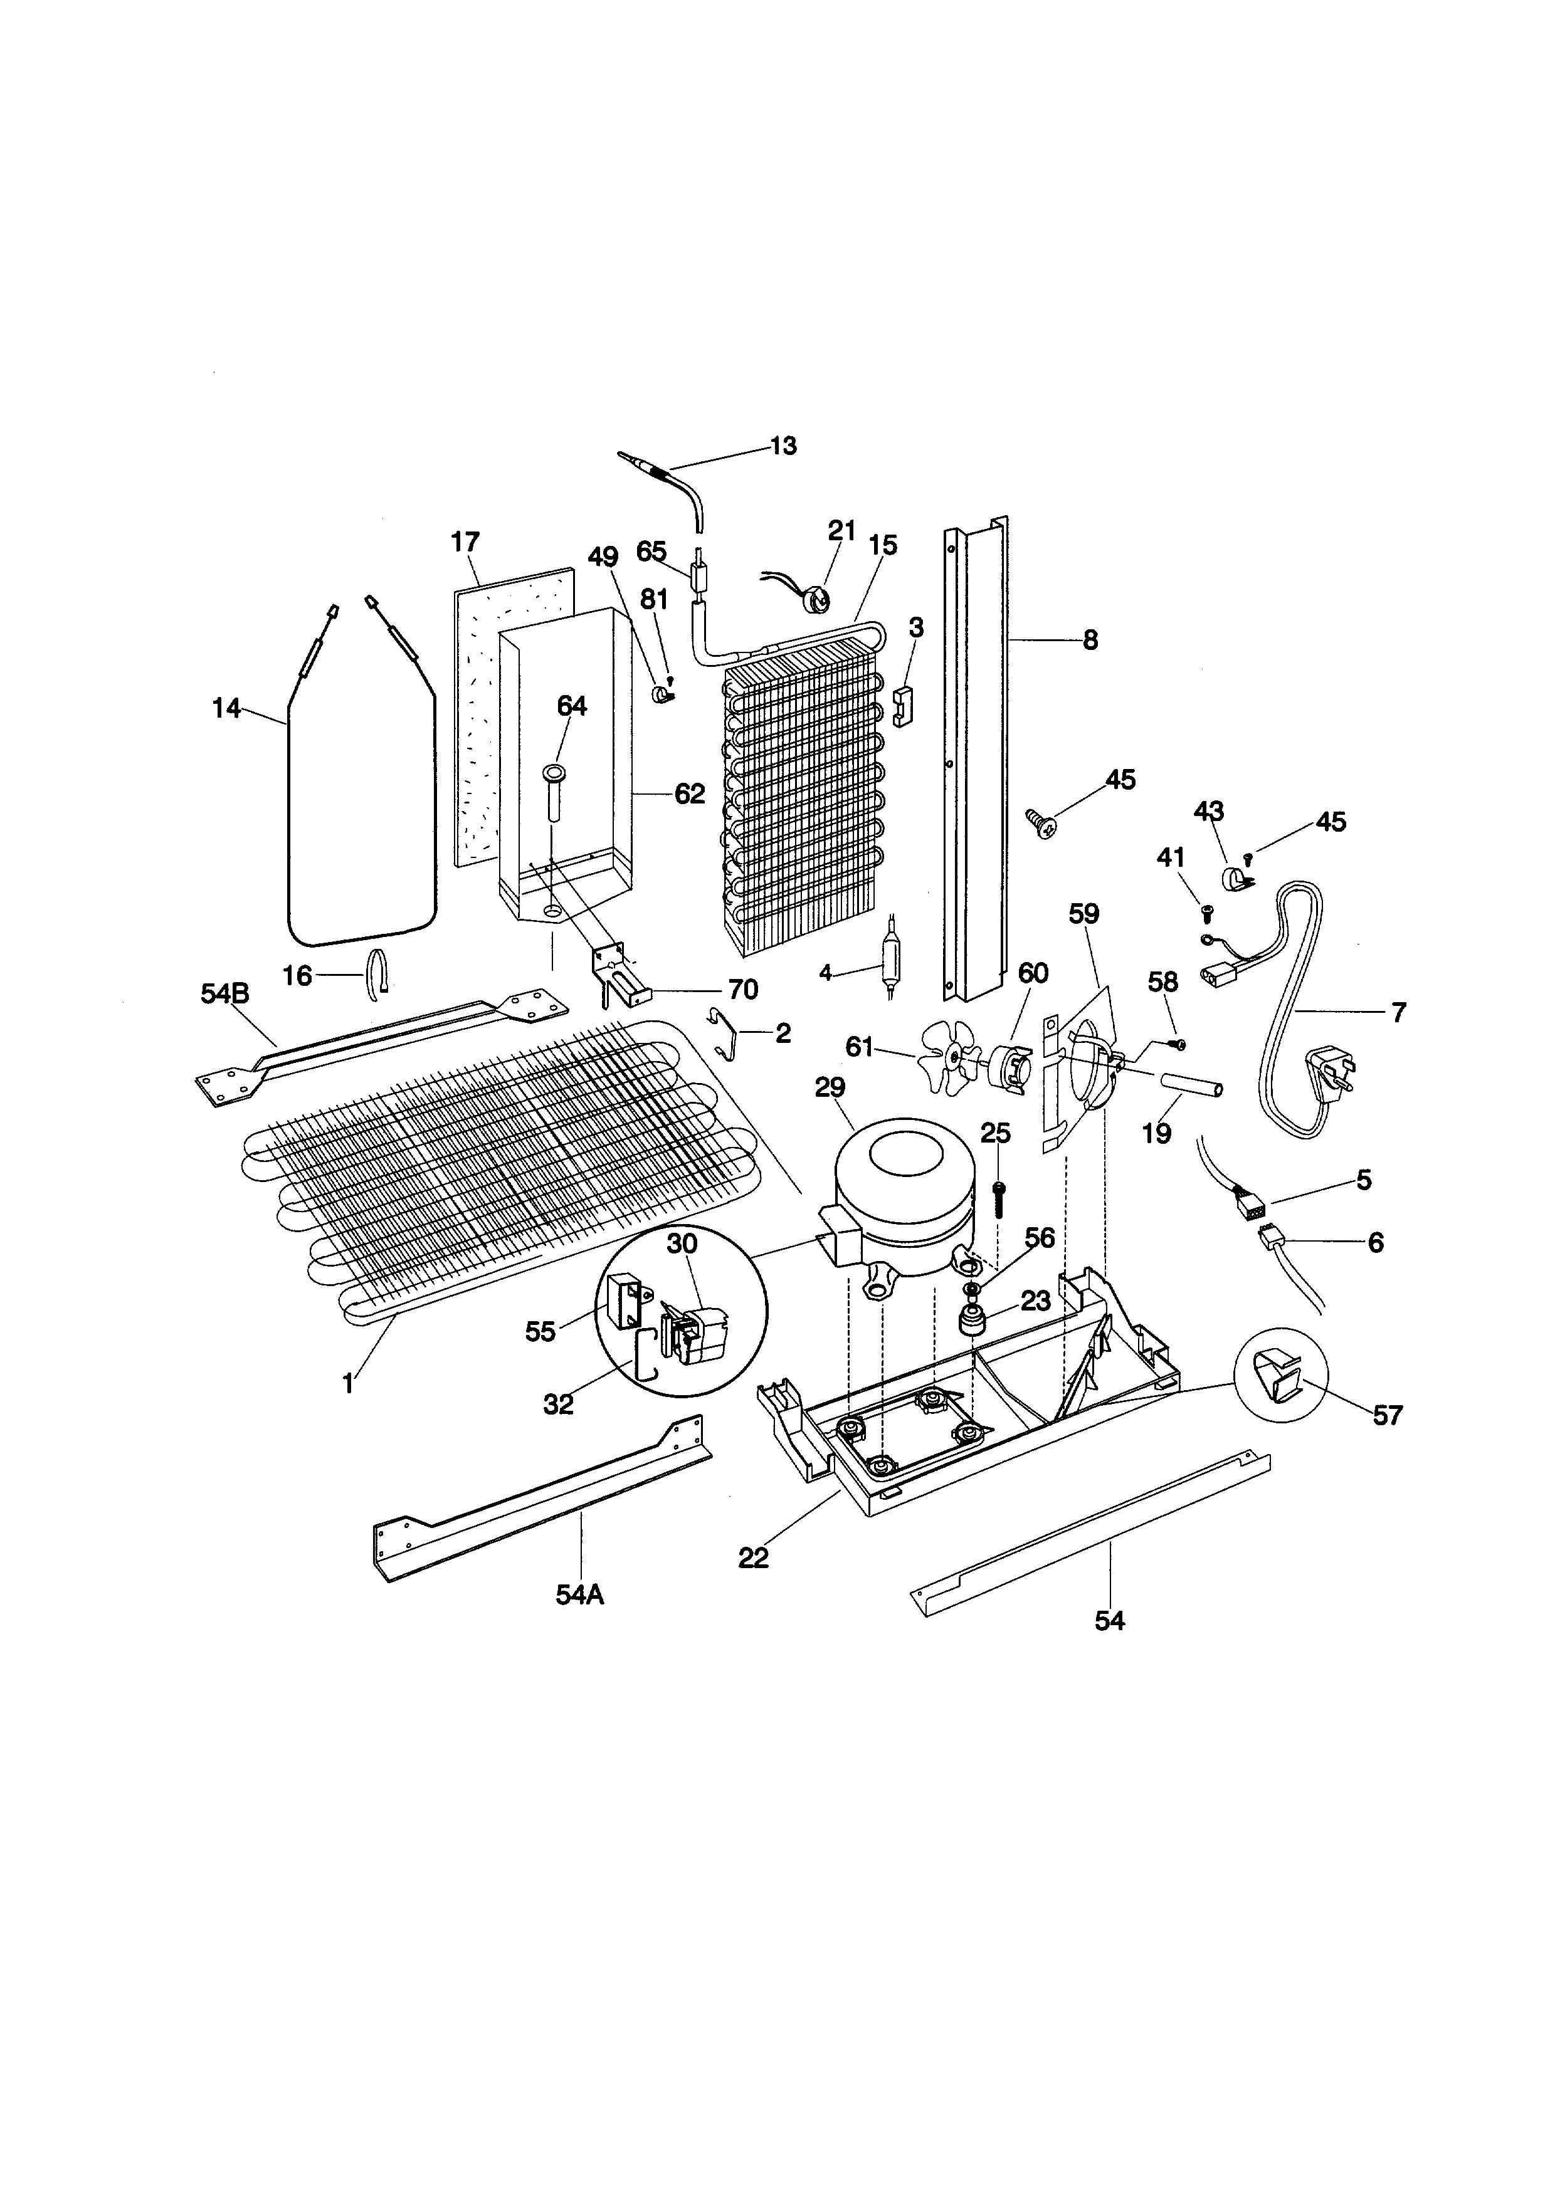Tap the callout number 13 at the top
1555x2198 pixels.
[783, 446]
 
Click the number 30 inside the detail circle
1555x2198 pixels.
[682, 1243]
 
